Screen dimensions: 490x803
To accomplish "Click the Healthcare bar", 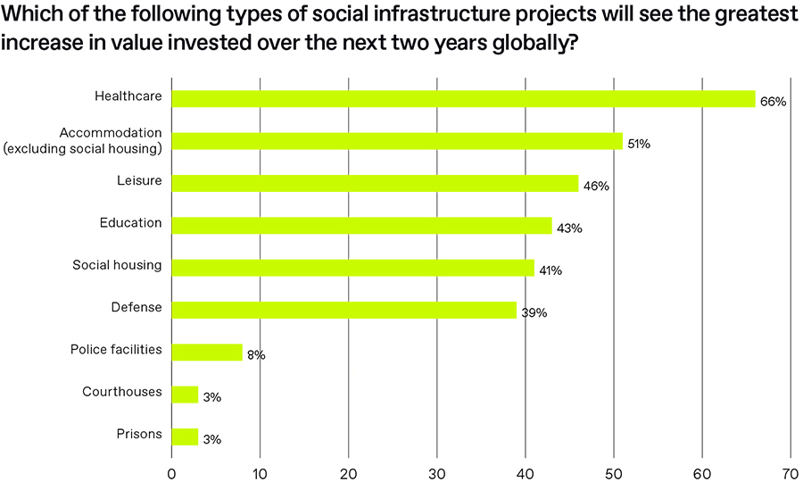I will [x=463, y=99].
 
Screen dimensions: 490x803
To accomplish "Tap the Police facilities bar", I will [x=206, y=352].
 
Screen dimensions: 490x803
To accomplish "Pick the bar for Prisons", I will [x=185, y=436].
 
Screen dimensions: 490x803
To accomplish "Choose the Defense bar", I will [x=344, y=310].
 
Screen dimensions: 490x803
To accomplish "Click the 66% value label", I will [x=773, y=102].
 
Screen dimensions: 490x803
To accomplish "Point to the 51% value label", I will [x=639, y=144].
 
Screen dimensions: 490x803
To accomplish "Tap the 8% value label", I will [x=256, y=355].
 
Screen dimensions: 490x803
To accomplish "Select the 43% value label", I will [x=569, y=228].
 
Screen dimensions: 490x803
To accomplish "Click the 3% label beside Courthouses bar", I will [x=211, y=397].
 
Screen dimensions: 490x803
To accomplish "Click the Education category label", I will [x=130, y=223].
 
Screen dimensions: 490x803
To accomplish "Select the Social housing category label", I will [x=117, y=265].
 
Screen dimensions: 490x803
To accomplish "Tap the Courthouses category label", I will [x=122, y=392].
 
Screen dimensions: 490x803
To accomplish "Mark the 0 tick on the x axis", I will [x=171, y=474].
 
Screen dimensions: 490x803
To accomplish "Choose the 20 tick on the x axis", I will [x=348, y=474].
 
